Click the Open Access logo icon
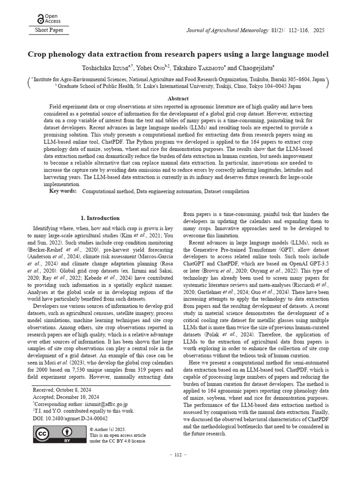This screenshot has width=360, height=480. pyautogui.click(x=40, y=19)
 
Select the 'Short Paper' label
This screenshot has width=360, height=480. pyautogui.click(x=49, y=30)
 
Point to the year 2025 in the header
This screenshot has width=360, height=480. pyautogui.click(x=318, y=30)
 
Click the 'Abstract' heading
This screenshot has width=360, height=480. pyautogui.click(x=178, y=98)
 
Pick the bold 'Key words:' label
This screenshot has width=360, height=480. pyautogui.click(x=63, y=191)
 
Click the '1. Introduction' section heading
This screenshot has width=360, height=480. pyautogui.click(x=100, y=218)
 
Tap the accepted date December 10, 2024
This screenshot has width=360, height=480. pyautogui.click(x=79, y=397)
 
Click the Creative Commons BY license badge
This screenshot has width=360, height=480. pyautogui.click(x=60, y=435)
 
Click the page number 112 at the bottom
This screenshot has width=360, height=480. pyautogui.click(x=178, y=455)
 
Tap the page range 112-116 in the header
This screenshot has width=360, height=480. pyautogui.click(x=296, y=30)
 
